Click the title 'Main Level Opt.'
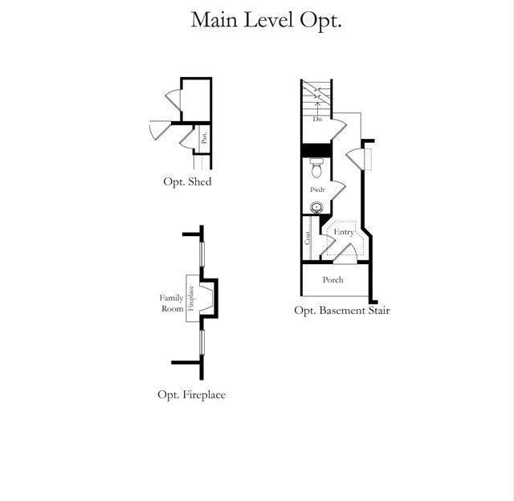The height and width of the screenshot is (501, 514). point(266,20)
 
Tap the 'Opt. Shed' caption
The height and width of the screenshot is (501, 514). point(187,182)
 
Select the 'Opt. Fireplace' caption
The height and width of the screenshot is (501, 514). point(191,394)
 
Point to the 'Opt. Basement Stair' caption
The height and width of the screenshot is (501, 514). point(341,310)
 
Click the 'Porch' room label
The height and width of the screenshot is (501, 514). point(332,280)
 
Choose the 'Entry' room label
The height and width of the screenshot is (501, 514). point(343,232)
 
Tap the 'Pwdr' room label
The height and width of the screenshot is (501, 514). point(318,190)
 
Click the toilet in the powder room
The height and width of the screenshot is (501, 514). point(316,169)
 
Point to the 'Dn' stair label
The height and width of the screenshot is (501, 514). point(318,119)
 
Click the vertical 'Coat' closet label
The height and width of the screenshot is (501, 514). point(307,238)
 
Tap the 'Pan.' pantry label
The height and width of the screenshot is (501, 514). point(205,137)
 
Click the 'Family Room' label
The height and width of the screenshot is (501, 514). point(171,303)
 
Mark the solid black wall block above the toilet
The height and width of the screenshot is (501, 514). point(316,150)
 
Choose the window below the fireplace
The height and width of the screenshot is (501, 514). point(202,341)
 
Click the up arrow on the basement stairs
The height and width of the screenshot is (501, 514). point(318,103)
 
